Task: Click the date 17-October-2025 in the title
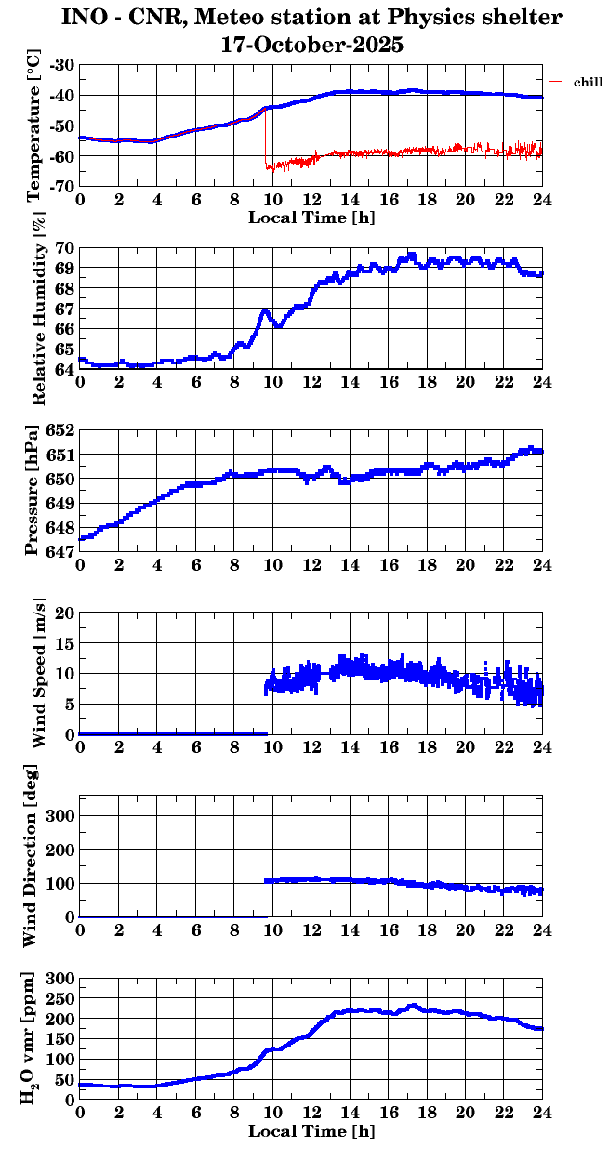pos(311,44)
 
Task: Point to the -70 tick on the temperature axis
pos(63,186)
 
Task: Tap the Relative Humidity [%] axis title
pos(38,310)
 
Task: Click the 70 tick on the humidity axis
pos(65,248)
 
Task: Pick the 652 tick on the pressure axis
pos(59,431)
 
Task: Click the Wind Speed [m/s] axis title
pos(38,674)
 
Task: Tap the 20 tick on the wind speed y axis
pos(65,613)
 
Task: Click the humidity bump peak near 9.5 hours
pos(265,310)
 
